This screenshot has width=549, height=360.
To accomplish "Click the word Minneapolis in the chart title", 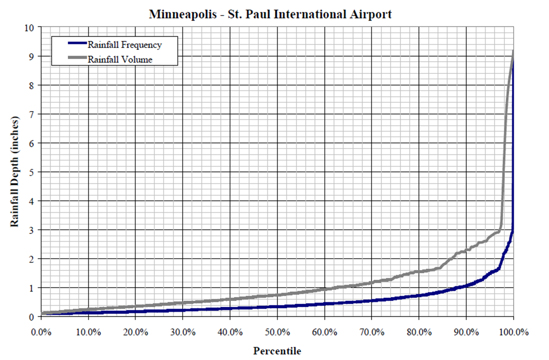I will pos(183,15).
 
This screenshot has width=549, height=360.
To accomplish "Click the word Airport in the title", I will pos(370,15).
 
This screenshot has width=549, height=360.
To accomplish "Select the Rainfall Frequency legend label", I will pos(124,45).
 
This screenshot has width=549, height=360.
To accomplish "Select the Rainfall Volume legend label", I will pos(120,59).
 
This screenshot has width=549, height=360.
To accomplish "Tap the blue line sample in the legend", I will pos(77,43).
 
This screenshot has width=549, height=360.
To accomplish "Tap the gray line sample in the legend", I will pos(77,58).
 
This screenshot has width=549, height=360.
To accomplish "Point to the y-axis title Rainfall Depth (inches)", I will pos(15,171).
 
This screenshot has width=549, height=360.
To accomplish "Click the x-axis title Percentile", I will pos(277,351).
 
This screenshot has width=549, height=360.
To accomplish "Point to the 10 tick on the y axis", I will pos(30,28).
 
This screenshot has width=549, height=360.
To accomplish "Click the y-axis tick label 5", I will pos(32,172).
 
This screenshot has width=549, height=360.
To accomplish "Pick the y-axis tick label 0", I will pos(32,317).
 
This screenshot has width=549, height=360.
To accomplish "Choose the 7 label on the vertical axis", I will pos(32,114).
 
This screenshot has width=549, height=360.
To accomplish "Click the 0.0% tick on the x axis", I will pos(41,332).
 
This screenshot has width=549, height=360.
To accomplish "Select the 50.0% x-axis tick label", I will pos(277,332).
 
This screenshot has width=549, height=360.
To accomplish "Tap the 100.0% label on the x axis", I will pos(514,332).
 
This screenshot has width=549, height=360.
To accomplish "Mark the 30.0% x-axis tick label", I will pos(183,332).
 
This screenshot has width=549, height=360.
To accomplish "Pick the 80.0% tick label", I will pos(419,332).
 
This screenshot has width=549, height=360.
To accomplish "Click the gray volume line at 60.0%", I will pos(325,289).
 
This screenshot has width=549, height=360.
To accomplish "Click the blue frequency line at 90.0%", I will pos(466,286).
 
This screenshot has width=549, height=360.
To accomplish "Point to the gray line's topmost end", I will pos(513,51).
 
